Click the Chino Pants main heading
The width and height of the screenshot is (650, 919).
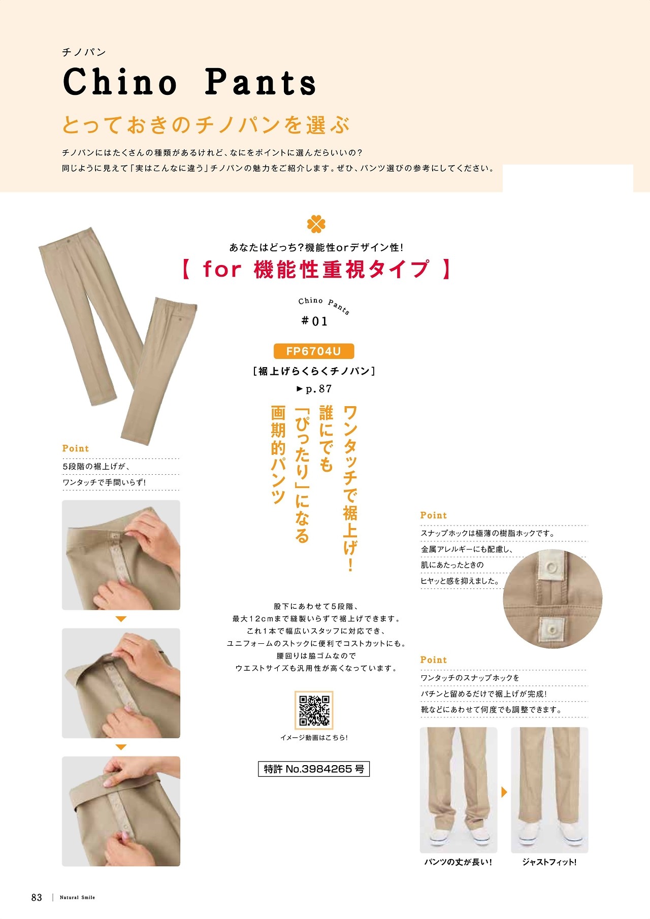pos(189,82)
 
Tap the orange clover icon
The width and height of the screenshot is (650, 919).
pos(316,224)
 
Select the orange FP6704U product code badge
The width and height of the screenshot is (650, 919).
pos(313,351)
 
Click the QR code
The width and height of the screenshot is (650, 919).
pos(314,710)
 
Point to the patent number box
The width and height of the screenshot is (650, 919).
pos(314,769)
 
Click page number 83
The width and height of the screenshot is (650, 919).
pos(37,897)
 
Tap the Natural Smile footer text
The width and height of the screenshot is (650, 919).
pos(77,898)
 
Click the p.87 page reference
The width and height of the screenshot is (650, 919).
pos(314,389)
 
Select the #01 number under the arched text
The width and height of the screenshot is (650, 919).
pos(314,321)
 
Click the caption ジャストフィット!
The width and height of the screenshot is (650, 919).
pos(549,862)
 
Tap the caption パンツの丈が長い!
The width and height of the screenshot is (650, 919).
pos(458,862)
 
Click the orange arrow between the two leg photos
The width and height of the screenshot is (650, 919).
pos(504,792)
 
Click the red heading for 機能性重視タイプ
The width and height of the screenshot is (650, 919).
pos(316,269)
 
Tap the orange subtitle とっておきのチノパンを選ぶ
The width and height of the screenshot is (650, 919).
pos(206,125)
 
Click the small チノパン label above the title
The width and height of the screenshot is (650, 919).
pos(84,52)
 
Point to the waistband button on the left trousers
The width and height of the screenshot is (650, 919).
pos(69,240)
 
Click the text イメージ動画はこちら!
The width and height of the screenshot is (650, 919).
pos(314,738)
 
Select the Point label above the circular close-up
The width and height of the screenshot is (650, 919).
pos(433,515)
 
